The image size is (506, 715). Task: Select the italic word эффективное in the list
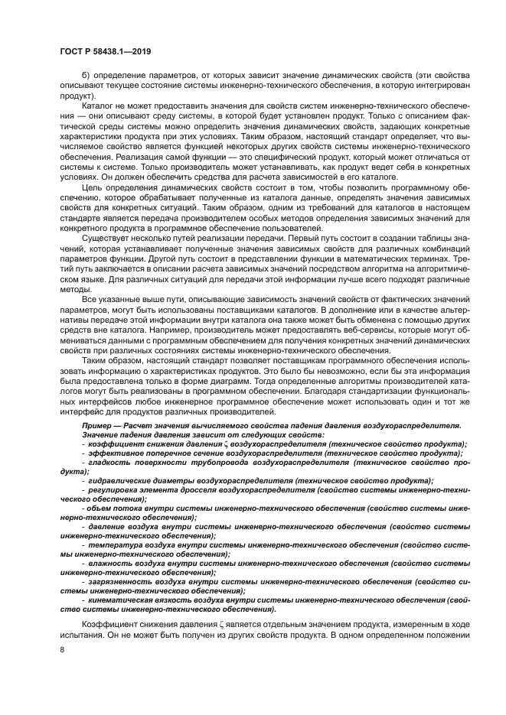[113, 453]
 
